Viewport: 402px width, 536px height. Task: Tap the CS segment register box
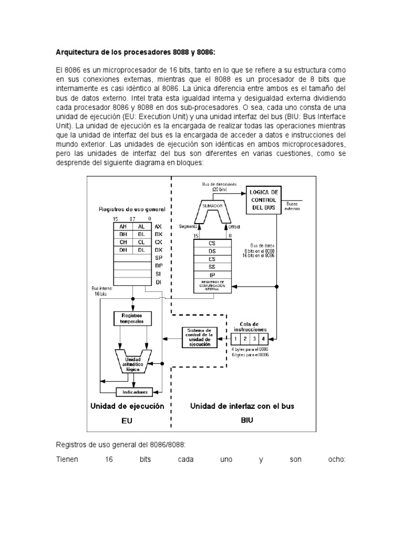click(212, 243)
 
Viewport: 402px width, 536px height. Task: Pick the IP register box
click(212, 274)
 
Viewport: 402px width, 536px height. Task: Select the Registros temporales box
click(132, 319)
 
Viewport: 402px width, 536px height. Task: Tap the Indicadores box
click(135, 392)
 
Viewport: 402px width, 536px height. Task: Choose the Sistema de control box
click(199, 338)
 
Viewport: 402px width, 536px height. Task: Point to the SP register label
click(158, 258)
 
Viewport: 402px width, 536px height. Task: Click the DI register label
click(158, 282)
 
